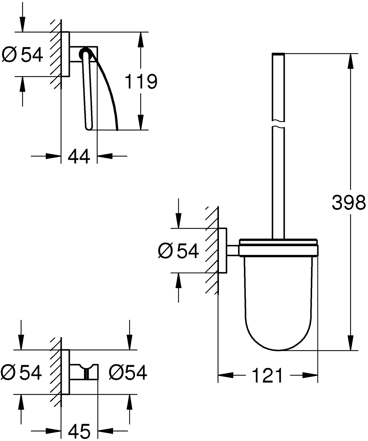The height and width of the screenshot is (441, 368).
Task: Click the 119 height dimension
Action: click(x=141, y=81)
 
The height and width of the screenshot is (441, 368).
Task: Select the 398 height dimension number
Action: click(x=349, y=202)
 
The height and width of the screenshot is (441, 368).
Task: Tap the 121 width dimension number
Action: click(x=267, y=376)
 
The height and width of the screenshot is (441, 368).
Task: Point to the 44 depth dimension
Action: click(x=79, y=157)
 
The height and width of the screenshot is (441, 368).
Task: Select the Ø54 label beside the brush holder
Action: click(x=179, y=251)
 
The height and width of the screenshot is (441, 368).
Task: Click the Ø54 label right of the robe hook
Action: click(x=128, y=373)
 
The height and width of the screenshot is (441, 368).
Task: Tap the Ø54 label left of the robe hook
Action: click(x=21, y=373)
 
